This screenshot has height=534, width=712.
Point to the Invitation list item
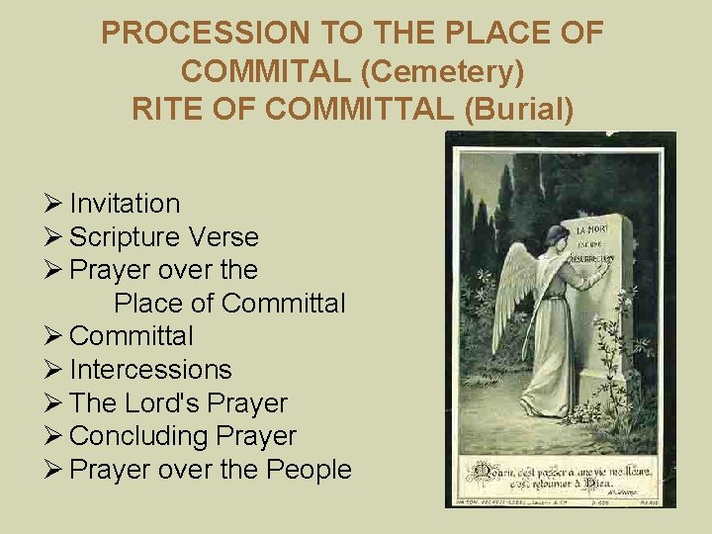pos(125,204)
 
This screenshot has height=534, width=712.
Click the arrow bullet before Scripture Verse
pos(55,237)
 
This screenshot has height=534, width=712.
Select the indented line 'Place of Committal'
pos(229,304)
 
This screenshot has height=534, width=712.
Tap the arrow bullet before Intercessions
pos(55,370)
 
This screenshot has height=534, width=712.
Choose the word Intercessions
pos(150,370)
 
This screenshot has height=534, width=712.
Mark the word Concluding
pos(133,436)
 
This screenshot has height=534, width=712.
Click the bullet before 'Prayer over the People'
pos(55,470)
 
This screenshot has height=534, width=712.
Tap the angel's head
pos(557,237)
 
